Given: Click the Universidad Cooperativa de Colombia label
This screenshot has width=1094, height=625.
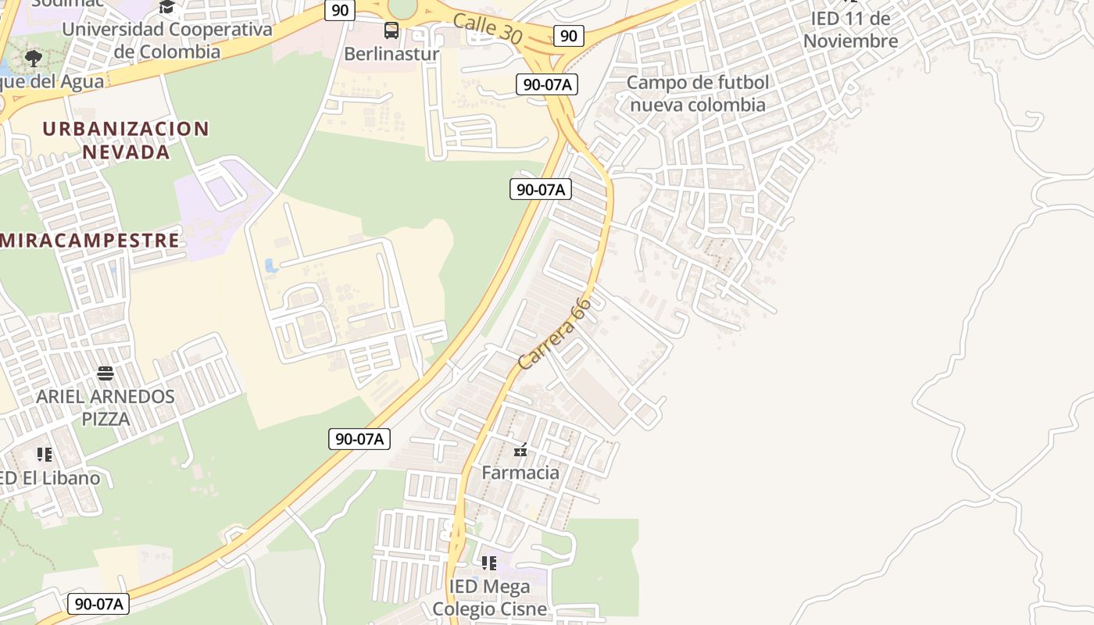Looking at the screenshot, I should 167,41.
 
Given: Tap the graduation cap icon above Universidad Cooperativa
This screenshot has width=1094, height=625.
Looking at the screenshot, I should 166,8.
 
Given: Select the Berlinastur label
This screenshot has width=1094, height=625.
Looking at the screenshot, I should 391,54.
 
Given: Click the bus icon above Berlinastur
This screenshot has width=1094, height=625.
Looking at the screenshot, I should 391,31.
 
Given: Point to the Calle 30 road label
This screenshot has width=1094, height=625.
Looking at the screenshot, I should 487,28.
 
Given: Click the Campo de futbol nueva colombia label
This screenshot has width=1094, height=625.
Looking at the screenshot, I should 698,93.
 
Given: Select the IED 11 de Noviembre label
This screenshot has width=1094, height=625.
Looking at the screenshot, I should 850,30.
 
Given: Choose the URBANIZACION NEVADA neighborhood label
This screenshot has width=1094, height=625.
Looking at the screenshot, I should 126,140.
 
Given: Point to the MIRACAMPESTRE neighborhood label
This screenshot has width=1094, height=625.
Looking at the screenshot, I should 90,240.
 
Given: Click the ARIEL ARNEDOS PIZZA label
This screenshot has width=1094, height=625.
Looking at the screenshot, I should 105,407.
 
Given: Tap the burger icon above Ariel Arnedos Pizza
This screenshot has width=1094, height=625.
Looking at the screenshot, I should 105,373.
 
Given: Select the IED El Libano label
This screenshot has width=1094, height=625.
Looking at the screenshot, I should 50,478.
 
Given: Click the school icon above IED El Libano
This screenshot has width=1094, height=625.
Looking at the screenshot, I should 45,454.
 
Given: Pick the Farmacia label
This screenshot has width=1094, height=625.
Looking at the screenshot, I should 520,473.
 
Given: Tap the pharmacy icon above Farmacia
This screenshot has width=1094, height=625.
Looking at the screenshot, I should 520,450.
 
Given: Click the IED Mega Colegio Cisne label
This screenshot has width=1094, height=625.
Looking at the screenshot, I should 489,597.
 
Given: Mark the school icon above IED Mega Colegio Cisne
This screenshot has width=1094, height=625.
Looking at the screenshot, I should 489,562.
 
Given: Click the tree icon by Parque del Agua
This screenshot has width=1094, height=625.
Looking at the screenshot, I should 34,58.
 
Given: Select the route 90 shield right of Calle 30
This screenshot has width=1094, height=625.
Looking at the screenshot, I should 569,35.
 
